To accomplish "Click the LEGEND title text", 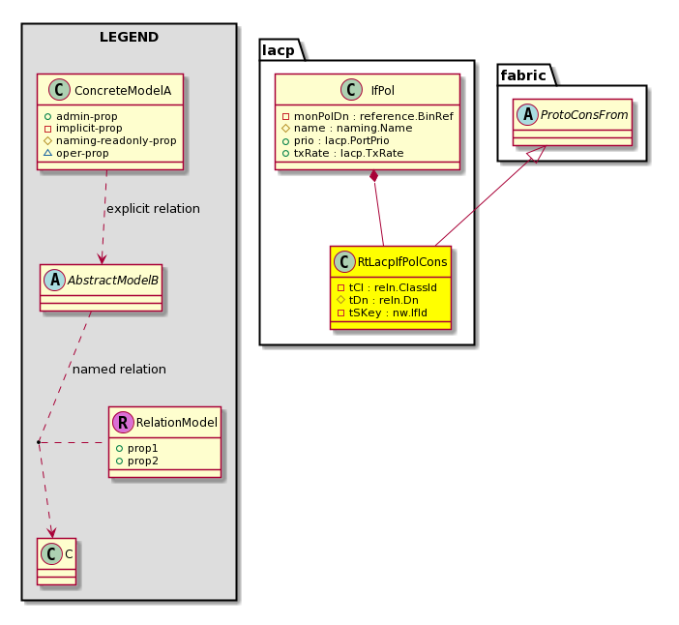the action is (x=129, y=38).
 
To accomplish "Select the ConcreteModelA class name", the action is (x=123, y=91).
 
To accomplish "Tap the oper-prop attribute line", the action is (x=76, y=153).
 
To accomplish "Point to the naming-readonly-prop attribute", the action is (x=110, y=140).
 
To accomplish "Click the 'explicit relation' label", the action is (x=153, y=209).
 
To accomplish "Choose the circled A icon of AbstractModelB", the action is (x=54, y=280).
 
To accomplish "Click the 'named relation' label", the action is (x=119, y=370).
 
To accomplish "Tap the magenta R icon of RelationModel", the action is (x=123, y=422).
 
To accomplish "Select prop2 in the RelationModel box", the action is (x=136, y=461).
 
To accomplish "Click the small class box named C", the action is (x=57, y=561).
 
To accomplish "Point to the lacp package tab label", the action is (x=279, y=50).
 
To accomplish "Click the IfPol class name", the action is (x=383, y=91).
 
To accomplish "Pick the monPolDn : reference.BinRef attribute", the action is (x=369, y=116).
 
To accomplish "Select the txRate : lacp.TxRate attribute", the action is (x=343, y=153).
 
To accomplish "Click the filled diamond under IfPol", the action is (x=374, y=176).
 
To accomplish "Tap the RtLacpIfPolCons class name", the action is (x=402, y=262).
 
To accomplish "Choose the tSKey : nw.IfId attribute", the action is (x=382, y=312).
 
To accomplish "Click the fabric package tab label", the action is (x=523, y=75).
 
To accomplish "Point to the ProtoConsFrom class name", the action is (x=584, y=115).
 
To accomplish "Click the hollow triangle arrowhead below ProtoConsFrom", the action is (x=537, y=154).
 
